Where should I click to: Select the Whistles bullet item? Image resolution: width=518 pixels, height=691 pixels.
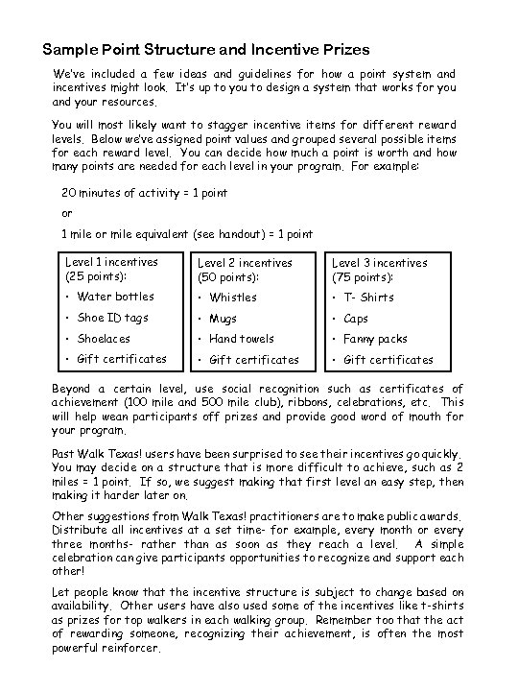click(234, 298)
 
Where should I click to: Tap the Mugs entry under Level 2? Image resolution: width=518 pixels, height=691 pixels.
click(224, 319)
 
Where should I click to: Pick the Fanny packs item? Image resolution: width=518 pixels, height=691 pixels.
click(375, 339)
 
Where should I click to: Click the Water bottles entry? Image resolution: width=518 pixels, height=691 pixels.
click(115, 297)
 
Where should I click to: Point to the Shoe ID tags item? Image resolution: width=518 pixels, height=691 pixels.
click(114, 318)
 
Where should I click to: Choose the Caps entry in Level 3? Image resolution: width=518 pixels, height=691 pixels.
click(356, 319)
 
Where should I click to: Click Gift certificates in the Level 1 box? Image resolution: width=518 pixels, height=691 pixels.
click(122, 359)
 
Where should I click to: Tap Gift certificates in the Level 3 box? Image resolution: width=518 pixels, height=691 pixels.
click(388, 360)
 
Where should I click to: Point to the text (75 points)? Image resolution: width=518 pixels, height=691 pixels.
click(363, 277)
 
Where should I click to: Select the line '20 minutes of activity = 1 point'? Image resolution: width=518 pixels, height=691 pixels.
click(144, 193)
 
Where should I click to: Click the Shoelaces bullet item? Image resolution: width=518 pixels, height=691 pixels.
click(104, 339)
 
